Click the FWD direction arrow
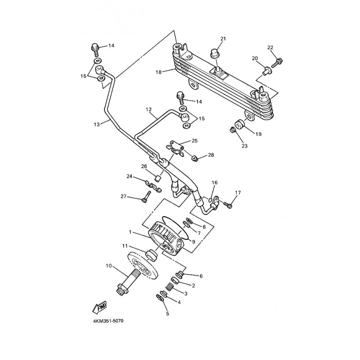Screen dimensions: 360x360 tap(98, 307)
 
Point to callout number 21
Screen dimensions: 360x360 tap(223, 38)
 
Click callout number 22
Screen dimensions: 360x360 tap(270, 48)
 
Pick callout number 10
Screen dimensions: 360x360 tap(108, 265)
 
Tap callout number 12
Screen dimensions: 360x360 tap(149, 109)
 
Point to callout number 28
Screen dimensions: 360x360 tap(211, 155)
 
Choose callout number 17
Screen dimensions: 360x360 tap(238, 193)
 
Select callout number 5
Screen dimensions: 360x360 tap(167, 314)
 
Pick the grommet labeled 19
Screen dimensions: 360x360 tap(239, 124)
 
